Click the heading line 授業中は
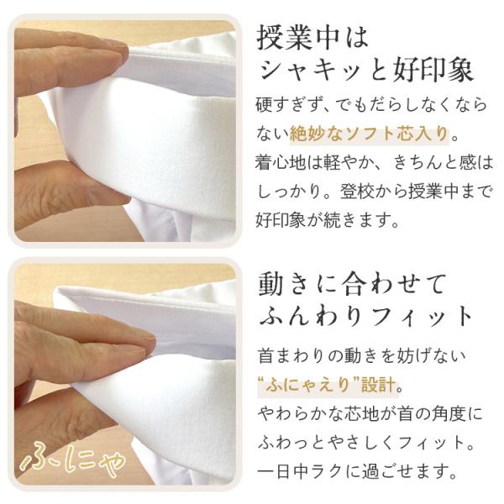click(312, 39)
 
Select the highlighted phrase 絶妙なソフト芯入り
click(370, 134)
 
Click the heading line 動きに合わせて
click(352, 284)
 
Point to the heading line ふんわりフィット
click(365, 316)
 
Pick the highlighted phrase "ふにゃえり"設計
click(328, 385)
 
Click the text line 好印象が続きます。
click(328, 220)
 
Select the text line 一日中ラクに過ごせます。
click(356, 471)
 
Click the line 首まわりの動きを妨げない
click(361, 355)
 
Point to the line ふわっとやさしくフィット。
click(366, 443)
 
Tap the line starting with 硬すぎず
click(371, 105)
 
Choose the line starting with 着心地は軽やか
click(374, 163)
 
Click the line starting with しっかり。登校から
click(375, 192)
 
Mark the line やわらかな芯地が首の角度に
click(370, 413)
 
